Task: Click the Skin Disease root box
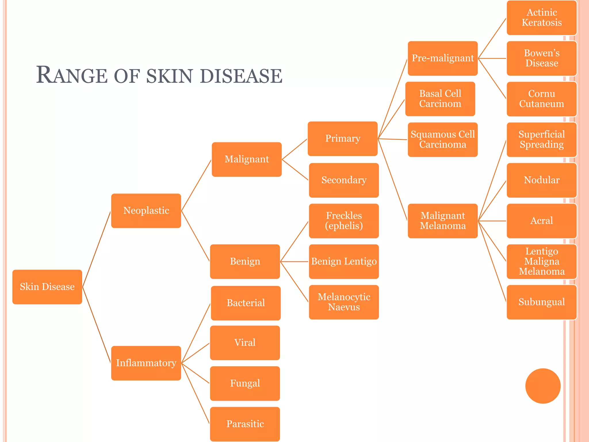[x=47, y=287]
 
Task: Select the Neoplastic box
[x=146, y=211]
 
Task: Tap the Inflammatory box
[x=146, y=363]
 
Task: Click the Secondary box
[x=344, y=180]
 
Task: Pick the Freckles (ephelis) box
[x=344, y=221]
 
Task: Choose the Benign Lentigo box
[x=344, y=261]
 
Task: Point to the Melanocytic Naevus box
[x=344, y=302]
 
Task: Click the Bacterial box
[x=246, y=303]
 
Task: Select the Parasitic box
[x=245, y=424]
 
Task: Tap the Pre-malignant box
[x=443, y=58]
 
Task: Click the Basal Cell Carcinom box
[x=440, y=99]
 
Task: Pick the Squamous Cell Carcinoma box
[x=443, y=140]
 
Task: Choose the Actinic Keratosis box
[x=542, y=18]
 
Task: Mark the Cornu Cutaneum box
[x=542, y=99]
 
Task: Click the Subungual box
[x=542, y=302]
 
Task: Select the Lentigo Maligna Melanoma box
[x=542, y=261]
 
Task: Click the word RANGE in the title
[x=72, y=75]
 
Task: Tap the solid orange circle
[x=543, y=386]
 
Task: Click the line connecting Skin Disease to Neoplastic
[x=97, y=249]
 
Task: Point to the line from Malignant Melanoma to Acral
[x=492, y=221]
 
